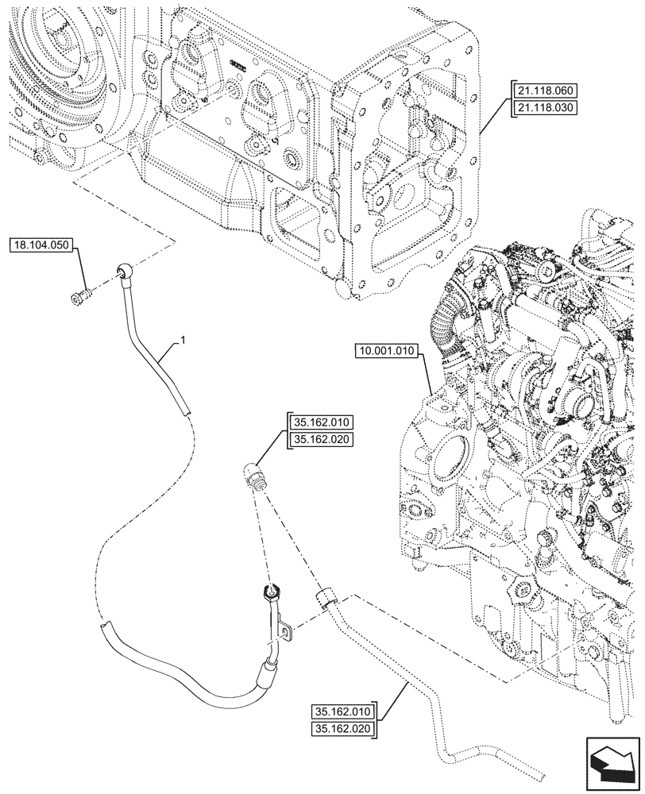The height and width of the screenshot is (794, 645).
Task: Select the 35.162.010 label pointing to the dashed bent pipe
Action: click(345, 711)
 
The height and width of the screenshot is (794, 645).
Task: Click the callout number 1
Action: click(183, 340)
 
